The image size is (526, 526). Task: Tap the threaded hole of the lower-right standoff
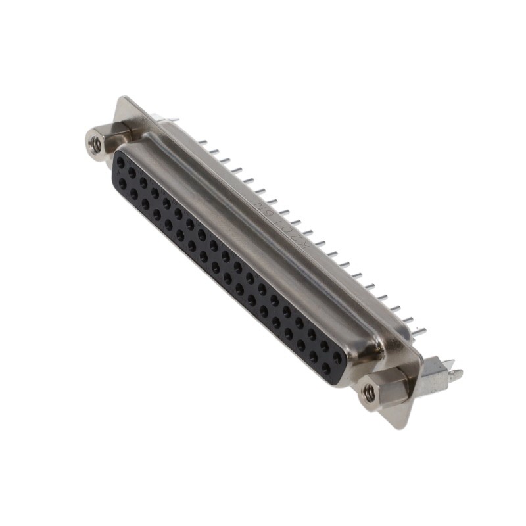pyautogui.click(x=370, y=393)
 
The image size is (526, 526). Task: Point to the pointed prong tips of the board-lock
pyautogui.click(x=455, y=374)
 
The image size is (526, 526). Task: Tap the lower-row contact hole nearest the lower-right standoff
pyautogui.click(x=325, y=368)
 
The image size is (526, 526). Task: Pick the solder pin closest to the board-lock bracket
pyautogui.click(x=419, y=331)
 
